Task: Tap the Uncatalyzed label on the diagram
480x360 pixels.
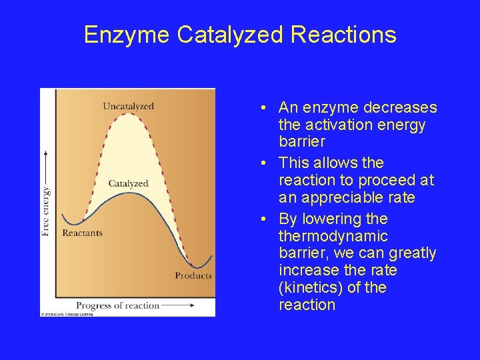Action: [128, 106]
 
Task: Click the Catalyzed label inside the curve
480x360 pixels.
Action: [128, 183]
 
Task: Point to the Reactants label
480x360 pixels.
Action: [82, 233]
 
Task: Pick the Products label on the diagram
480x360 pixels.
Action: [193, 275]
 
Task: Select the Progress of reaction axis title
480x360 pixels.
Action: [117, 305]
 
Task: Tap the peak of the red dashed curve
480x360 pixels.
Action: [129, 115]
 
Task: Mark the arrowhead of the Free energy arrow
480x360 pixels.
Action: [45, 153]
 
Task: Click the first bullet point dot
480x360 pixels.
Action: [265, 109]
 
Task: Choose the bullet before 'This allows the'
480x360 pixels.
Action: [265, 163]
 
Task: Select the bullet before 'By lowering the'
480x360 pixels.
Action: [265, 219]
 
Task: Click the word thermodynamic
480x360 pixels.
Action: [333, 236]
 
